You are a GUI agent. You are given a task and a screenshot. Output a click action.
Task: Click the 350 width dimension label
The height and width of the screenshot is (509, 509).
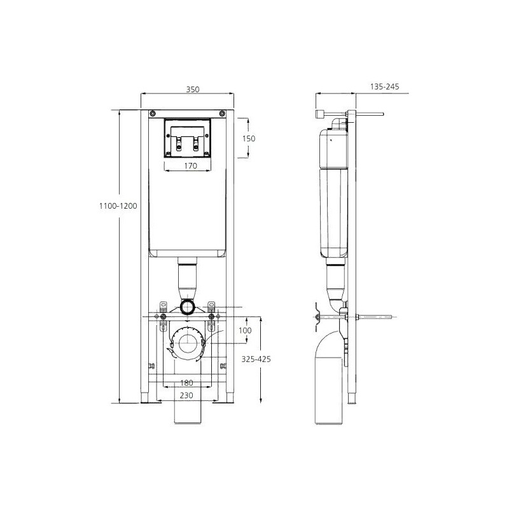point(193,89)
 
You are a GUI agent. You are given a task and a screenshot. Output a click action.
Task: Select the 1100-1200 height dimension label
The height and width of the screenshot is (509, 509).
point(118,206)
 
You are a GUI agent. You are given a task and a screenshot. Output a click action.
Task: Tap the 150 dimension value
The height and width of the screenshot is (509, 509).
point(249,139)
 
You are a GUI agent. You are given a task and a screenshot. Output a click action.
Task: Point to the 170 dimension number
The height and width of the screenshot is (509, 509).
point(190,166)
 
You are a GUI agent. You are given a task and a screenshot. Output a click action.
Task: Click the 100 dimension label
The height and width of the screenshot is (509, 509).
point(245,330)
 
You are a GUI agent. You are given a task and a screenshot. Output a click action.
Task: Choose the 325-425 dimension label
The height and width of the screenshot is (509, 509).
point(256,359)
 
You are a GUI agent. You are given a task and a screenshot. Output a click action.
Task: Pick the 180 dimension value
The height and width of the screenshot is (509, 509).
point(186,383)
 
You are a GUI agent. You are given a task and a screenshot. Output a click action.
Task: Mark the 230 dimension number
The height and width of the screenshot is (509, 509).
point(186,395)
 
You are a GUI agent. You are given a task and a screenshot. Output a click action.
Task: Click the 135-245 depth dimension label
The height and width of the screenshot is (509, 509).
point(385,87)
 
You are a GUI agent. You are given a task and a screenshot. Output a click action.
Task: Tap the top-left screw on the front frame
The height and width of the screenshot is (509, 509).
point(153,113)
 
